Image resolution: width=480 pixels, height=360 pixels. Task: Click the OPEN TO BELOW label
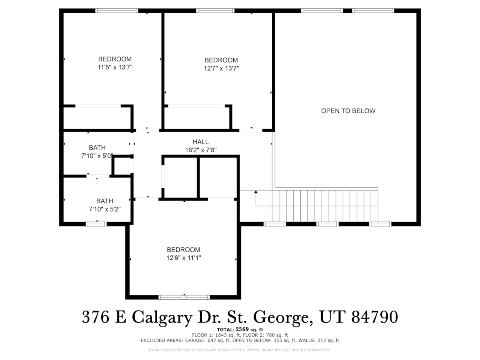click(348, 111)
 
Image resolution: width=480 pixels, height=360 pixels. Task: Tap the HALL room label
click(201, 142)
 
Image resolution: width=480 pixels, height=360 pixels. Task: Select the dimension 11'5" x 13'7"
click(115, 67)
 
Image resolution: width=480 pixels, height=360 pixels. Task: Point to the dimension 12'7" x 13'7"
click(221, 68)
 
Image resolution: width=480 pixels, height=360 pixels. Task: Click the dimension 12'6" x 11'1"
click(184, 258)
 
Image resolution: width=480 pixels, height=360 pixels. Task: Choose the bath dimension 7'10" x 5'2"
click(105, 209)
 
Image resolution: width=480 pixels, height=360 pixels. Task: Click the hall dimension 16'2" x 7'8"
click(201, 150)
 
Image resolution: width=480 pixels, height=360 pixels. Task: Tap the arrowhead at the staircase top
click(256, 192)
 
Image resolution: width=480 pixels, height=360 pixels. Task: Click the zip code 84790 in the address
click(375, 317)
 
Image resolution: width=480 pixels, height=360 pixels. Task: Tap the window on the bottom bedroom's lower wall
click(184, 297)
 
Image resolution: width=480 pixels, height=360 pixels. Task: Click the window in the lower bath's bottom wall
click(96, 224)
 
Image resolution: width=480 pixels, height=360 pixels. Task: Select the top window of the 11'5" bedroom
click(117, 10)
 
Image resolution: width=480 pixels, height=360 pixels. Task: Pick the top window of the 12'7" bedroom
click(216, 10)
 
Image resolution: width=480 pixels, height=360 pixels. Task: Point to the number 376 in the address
click(96, 317)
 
